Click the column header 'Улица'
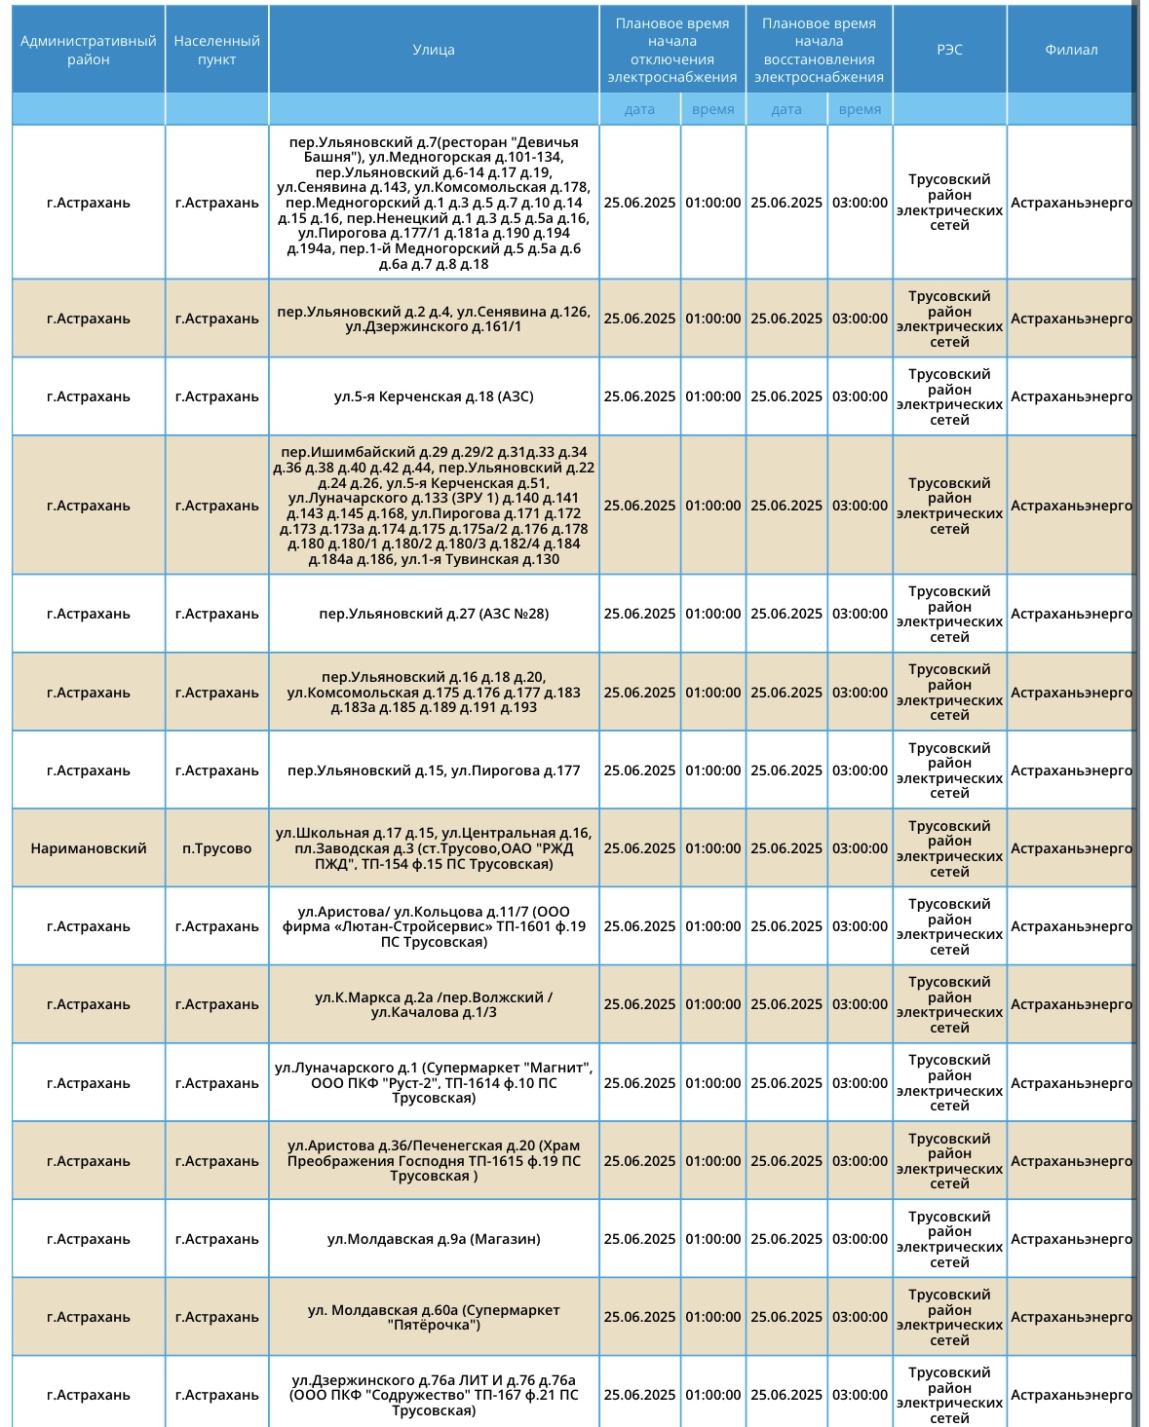(434, 50)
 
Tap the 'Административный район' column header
(88, 50)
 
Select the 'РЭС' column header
(949, 50)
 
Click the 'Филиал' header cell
(1071, 50)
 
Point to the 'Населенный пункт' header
(216, 50)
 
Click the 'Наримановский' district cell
(88, 848)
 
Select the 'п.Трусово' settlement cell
(216, 848)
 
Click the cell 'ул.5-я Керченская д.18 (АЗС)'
(434, 396)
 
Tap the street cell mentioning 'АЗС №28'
(434, 614)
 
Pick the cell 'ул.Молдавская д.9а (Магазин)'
(434, 1239)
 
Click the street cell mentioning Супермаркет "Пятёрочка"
(434, 1317)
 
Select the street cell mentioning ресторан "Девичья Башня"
(434, 203)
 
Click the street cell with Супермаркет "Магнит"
(434, 1083)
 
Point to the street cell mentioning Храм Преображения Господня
(434, 1161)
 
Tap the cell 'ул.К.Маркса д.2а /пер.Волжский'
(434, 1004)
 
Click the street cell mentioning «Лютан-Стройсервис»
(434, 926)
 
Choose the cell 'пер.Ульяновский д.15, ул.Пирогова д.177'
(434, 770)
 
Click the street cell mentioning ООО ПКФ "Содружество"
(434, 1395)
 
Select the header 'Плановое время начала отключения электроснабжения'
(672, 50)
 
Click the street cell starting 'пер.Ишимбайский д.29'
(434, 506)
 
